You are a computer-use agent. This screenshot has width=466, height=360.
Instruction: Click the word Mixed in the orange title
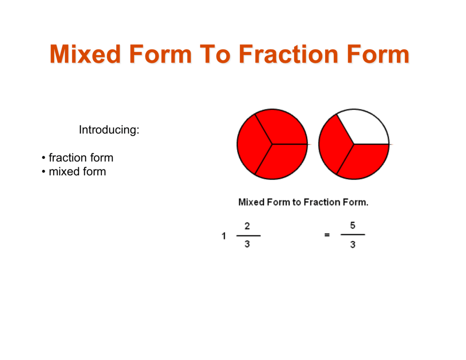click(x=85, y=55)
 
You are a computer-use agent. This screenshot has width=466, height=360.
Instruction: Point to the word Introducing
click(x=109, y=130)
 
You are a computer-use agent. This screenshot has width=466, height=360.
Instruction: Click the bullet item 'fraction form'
click(x=81, y=158)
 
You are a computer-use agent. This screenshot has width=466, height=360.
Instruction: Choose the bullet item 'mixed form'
click(x=77, y=172)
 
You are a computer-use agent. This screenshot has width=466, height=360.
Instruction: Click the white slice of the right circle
click(x=365, y=127)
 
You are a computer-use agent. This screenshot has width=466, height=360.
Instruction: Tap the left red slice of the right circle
click(x=333, y=145)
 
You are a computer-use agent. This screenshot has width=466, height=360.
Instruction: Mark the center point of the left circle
click(x=272, y=145)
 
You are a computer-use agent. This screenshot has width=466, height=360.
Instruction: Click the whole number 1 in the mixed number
click(x=224, y=236)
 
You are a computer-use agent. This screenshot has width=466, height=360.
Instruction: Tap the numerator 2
click(x=247, y=226)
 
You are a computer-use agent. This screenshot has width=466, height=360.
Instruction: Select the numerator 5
click(x=353, y=225)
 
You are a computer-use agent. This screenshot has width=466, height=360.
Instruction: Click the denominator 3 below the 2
click(x=247, y=244)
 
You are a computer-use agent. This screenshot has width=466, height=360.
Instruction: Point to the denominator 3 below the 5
click(x=353, y=245)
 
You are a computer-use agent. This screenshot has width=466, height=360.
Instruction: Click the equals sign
click(x=327, y=235)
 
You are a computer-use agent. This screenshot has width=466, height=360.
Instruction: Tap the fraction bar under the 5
click(x=353, y=235)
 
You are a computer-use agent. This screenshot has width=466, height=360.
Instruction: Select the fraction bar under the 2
click(x=248, y=235)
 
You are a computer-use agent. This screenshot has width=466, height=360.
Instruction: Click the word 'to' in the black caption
click(x=296, y=202)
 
